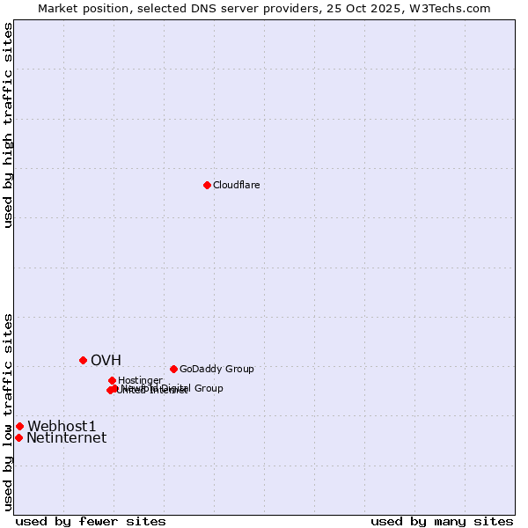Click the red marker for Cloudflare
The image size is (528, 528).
point(207,185)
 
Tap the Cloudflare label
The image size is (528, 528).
point(236,185)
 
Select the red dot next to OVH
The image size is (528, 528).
point(84,360)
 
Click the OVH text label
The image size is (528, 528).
point(106,360)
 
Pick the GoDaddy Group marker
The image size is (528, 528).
point(173,369)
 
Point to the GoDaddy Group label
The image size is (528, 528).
point(216,369)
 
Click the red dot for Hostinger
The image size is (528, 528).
point(112,380)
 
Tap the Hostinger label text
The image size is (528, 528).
point(140,380)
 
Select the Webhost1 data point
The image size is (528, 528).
point(19,426)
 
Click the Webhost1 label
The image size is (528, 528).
point(62,426)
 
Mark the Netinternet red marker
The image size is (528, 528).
point(18,437)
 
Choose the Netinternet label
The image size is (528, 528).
point(66,437)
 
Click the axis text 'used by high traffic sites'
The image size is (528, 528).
point(9,125)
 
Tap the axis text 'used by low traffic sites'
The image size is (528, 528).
point(9,411)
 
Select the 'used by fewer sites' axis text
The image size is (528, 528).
point(91,522)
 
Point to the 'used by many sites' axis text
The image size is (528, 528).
point(442,522)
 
